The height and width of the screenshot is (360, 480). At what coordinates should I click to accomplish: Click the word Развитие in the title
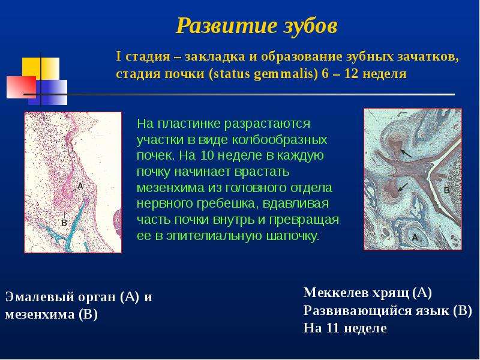(x=224, y=26)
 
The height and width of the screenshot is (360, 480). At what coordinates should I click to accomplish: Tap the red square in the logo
(x=21, y=87)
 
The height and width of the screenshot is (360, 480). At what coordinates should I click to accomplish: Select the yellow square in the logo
(x=41, y=67)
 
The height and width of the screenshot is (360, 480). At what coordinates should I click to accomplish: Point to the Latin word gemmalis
(x=286, y=74)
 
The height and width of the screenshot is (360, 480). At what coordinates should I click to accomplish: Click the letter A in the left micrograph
(x=80, y=186)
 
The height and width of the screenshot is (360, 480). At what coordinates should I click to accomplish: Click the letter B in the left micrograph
(x=64, y=223)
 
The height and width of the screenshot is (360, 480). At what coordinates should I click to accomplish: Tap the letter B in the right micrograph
(x=446, y=190)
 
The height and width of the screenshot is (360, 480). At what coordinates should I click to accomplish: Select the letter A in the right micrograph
(x=415, y=237)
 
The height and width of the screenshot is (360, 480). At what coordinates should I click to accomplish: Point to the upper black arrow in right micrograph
(x=406, y=153)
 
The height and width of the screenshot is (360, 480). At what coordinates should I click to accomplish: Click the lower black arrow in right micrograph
(x=403, y=187)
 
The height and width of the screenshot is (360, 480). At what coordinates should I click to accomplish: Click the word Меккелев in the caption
(x=336, y=293)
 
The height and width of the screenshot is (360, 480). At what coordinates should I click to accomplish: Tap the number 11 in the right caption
(x=334, y=328)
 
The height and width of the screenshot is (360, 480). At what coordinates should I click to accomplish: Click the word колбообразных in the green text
(x=280, y=140)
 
